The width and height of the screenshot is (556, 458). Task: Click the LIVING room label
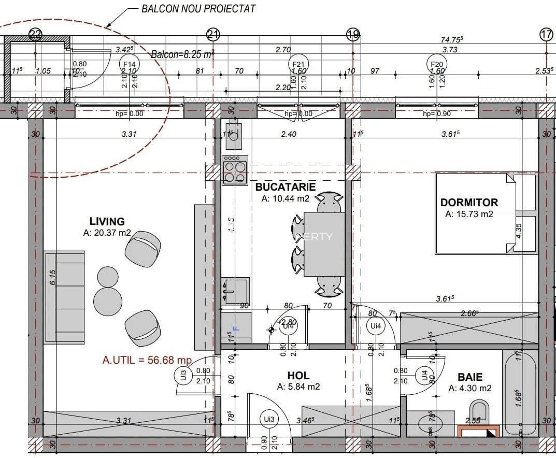(107, 222)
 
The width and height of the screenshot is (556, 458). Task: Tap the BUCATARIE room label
(285, 187)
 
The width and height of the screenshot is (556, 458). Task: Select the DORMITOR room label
(469, 203)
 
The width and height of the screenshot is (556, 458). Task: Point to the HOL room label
(298, 376)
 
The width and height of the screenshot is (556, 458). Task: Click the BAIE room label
(470, 377)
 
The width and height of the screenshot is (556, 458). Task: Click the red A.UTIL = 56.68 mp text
(147, 360)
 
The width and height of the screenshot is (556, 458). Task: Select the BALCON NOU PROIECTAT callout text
(198, 9)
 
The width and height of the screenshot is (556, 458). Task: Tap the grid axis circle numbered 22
(35, 35)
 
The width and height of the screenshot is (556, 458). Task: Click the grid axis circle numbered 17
(546, 35)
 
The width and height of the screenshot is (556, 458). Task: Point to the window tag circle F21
(298, 64)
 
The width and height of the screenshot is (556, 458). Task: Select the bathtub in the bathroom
(519, 392)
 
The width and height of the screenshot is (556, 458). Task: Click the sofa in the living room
(64, 297)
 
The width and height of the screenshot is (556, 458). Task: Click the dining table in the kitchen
(324, 244)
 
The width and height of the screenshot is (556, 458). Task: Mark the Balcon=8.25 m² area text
(182, 54)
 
